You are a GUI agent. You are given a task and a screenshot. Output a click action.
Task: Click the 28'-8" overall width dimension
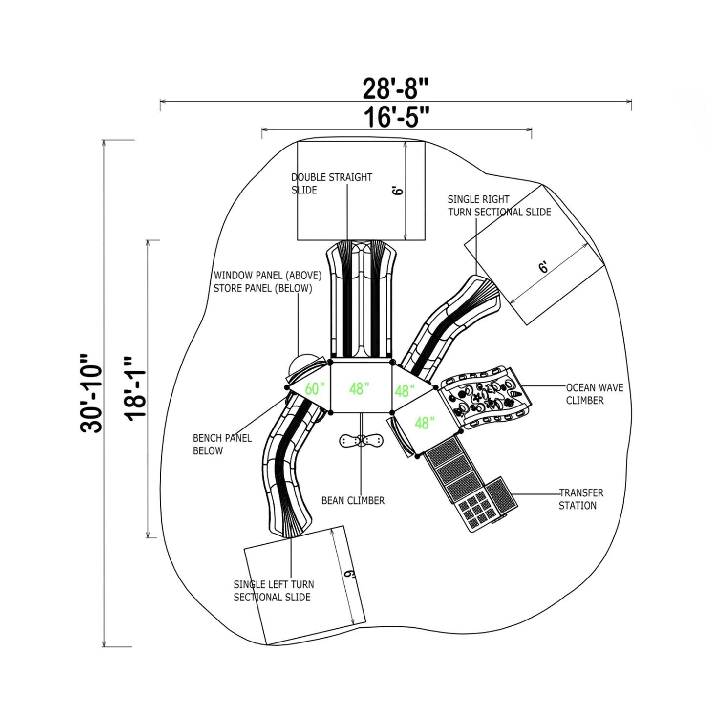(x=395, y=89)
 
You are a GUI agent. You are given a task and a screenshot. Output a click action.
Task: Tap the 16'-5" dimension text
(x=396, y=117)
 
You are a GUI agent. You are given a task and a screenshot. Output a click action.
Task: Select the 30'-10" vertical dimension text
(x=91, y=393)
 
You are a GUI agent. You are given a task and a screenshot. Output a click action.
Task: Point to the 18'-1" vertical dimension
(x=135, y=389)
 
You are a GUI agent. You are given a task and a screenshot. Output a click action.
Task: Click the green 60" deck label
(x=315, y=389)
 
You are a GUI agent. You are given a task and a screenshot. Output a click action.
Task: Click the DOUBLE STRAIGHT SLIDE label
(x=332, y=184)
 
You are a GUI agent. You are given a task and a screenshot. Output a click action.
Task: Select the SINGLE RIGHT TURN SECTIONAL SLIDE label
(x=499, y=206)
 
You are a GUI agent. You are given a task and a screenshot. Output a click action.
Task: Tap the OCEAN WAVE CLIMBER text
(x=594, y=394)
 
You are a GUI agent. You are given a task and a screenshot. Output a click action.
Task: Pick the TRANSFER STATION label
(x=581, y=499)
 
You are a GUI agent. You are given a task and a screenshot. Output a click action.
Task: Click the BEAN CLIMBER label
(x=353, y=500)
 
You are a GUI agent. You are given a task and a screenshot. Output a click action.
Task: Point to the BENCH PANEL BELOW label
(x=222, y=445)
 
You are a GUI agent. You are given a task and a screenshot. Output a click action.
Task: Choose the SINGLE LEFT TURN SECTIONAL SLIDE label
(x=274, y=591)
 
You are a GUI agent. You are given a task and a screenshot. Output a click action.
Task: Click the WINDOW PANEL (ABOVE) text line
(x=267, y=275)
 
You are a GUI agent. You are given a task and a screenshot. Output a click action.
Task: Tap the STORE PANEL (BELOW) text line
(x=263, y=288)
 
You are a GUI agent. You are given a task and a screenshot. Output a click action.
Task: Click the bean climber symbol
(x=361, y=440)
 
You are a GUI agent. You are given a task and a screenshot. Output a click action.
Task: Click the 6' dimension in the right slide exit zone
(x=544, y=267)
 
